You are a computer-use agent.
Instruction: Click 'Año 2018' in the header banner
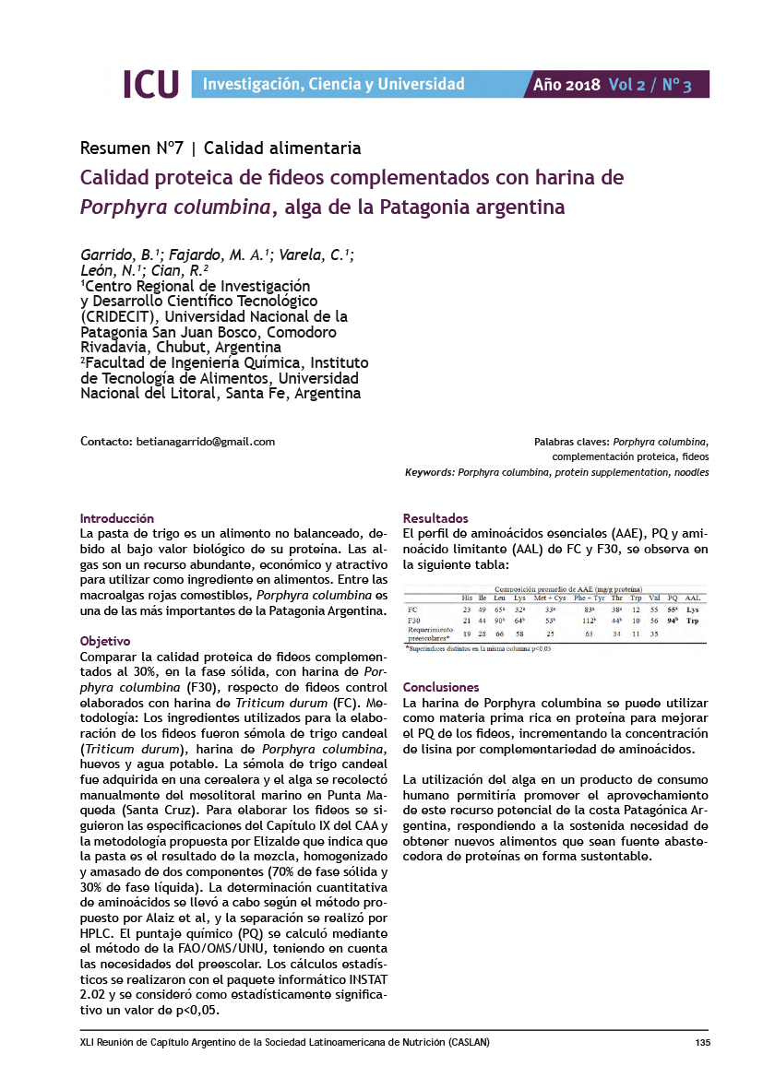[566, 85]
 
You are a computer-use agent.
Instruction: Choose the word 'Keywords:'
[429, 472]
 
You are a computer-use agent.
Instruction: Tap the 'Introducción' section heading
[117, 518]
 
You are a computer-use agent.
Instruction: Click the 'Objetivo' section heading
[105, 641]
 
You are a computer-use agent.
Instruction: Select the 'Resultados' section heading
[435, 518]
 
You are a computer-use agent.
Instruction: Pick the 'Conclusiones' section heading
[441, 687]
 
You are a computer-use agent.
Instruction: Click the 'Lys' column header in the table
[519, 598]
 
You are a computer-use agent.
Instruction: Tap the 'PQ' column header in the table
[672, 598]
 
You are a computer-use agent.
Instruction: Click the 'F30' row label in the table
[414, 622]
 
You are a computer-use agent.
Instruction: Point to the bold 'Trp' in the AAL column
[693, 622]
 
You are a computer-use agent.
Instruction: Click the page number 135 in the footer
[701, 1043]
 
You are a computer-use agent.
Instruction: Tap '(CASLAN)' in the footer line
[468, 1043]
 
